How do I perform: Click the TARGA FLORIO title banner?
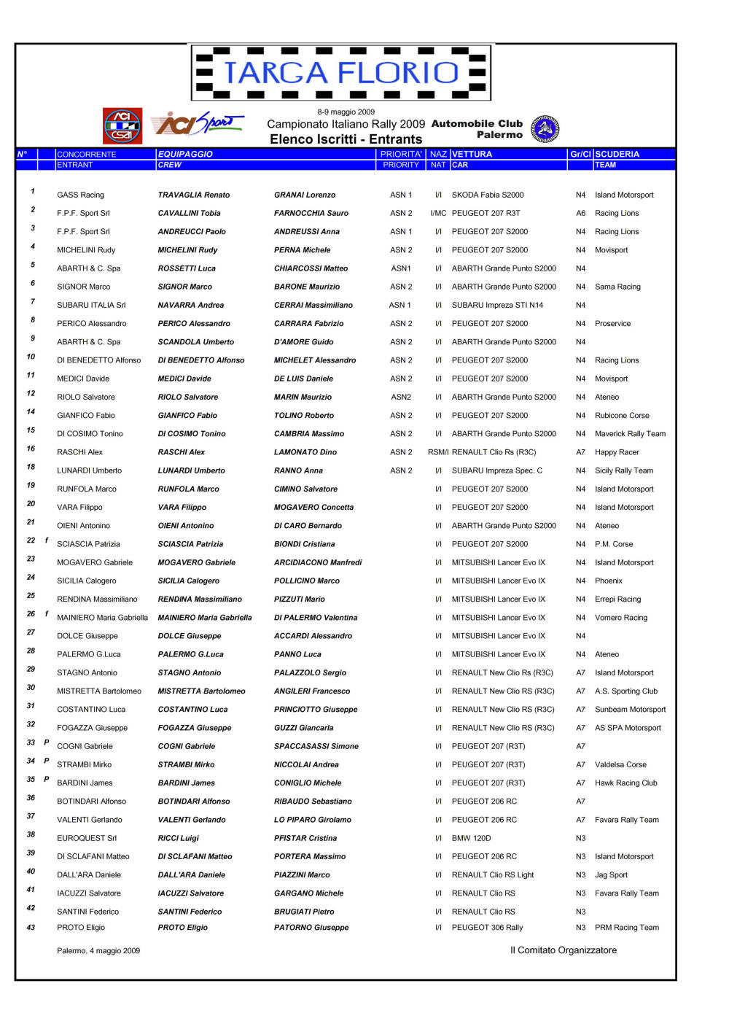tap(340, 72)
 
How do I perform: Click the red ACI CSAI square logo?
tap(122, 126)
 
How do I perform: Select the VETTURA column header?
tap(472, 154)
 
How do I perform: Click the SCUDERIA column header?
tap(617, 154)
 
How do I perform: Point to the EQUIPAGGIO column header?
tap(185, 154)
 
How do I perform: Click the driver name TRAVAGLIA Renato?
tap(193, 195)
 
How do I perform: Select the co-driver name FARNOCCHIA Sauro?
tap(311, 213)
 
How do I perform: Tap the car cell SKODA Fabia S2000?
tap(487, 195)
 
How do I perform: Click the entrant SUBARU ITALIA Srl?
tap(91, 305)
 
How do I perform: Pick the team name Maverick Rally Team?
tap(630, 433)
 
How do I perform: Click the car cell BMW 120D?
tap(471, 838)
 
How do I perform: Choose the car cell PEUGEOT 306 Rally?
tap(487, 928)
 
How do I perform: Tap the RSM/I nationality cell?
tap(438, 452)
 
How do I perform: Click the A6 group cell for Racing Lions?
tap(580, 213)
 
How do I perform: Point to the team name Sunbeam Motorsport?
tap(630, 709)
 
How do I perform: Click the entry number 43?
tap(31, 928)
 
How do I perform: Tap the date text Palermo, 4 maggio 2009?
tap(98, 950)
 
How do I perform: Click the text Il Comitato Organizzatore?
tap(563, 950)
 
